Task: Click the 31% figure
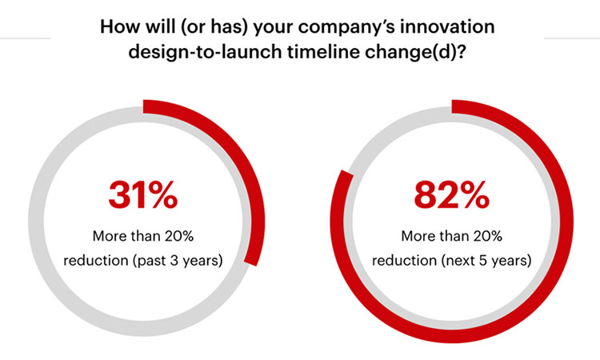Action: [143, 196]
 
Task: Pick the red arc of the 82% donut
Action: [552, 264]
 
